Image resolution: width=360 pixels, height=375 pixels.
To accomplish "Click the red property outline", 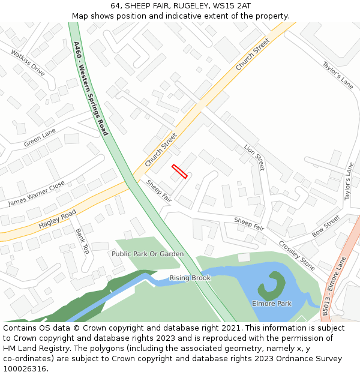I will (179, 171).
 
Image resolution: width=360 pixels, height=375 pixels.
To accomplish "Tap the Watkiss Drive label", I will (28, 62).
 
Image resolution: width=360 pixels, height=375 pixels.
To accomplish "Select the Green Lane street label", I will (40, 138).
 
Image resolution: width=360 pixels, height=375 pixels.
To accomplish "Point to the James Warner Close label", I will (36, 194).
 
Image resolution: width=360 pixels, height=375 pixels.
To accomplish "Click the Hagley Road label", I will (57, 219).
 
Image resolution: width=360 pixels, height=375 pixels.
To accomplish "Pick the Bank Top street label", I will (82, 241).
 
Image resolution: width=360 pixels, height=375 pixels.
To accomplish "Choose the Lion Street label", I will (254, 157).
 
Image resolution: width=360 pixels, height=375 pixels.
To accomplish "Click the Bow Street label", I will (326, 226).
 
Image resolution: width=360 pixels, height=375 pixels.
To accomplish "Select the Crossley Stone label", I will (296, 255).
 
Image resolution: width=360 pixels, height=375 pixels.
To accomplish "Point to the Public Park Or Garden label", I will (148, 254).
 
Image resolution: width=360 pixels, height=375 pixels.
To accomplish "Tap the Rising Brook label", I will (190, 278).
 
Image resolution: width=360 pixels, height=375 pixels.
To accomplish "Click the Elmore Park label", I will (271, 304).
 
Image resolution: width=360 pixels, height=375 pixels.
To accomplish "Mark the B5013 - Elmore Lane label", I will (334, 286).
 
